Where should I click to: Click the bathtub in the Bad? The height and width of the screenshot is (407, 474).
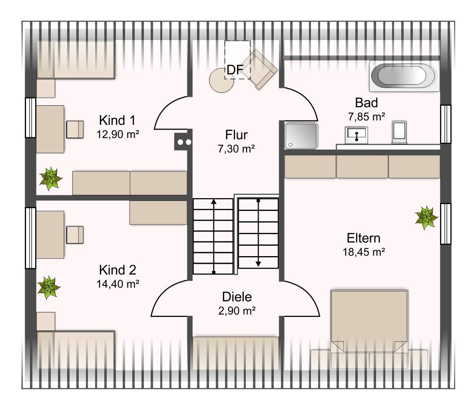[404, 76]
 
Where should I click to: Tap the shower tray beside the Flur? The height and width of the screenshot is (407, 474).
[301, 136]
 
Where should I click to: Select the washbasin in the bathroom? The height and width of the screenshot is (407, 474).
[356, 135]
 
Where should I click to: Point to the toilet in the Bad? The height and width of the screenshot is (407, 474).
[399, 132]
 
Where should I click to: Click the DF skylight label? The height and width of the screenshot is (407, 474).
[235, 70]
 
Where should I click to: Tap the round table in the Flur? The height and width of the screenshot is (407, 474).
[221, 80]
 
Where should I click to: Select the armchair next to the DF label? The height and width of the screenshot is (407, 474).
[259, 69]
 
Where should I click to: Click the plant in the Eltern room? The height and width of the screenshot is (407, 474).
[426, 218]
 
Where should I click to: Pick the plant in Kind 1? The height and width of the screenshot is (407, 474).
[51, 178]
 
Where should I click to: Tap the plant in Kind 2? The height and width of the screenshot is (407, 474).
[49, 287]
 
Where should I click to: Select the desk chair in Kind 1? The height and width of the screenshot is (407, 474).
[75, 130]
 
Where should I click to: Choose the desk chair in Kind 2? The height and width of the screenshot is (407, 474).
[75, 235]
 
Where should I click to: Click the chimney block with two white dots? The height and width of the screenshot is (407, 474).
[183, 142]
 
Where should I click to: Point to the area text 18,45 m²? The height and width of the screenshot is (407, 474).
[364, 252]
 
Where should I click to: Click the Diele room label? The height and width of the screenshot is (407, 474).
[237, 297]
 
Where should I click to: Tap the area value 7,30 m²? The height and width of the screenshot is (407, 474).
[236, 149]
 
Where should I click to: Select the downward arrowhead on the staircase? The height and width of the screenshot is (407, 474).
[258, 264]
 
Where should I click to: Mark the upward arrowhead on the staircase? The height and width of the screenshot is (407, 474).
[214, 201]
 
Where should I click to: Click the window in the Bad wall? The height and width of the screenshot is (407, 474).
[446, 124]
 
